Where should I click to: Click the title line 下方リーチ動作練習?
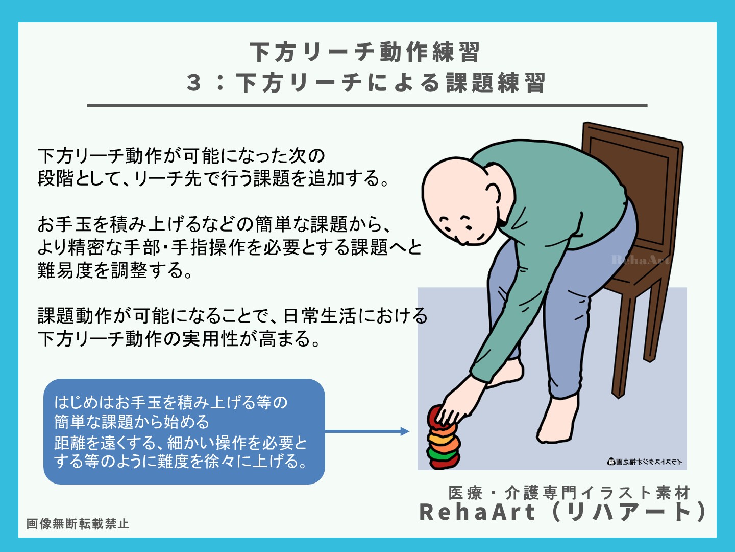tap(364, 52)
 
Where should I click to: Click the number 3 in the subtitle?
tap(194, 83)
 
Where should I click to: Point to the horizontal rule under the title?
tap(367, 106)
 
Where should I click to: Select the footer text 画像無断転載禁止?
tap(78, 524)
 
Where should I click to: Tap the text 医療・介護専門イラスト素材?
tap(569, 493)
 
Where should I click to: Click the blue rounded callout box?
tap(184, 431)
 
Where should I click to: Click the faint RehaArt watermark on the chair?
tap(640, 260)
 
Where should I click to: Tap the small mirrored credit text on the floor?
tap(644, 462)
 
